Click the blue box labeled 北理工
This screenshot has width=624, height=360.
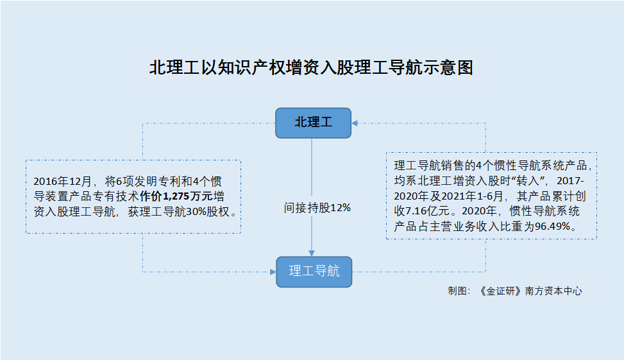click(313, 123)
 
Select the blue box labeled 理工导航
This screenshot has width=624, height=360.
click(314, 272)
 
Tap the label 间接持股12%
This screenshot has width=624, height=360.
click(317, 207)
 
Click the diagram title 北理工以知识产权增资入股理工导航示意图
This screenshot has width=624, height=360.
click(311, 67)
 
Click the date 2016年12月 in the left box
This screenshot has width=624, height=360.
click(62, 182)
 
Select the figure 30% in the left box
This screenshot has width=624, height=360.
click(196, 212)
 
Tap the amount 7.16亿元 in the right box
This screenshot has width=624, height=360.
click(427, 212)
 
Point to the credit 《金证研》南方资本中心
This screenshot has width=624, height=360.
click(530, 291)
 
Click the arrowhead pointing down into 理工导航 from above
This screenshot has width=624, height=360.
click(312, 253)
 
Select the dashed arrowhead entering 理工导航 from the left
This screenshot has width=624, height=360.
click(273, 272)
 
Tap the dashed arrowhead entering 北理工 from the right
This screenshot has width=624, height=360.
click(355, 123)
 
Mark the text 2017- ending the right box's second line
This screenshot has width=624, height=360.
click(570, 181)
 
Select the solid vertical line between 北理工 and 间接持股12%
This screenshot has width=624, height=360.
click(312, 167)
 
